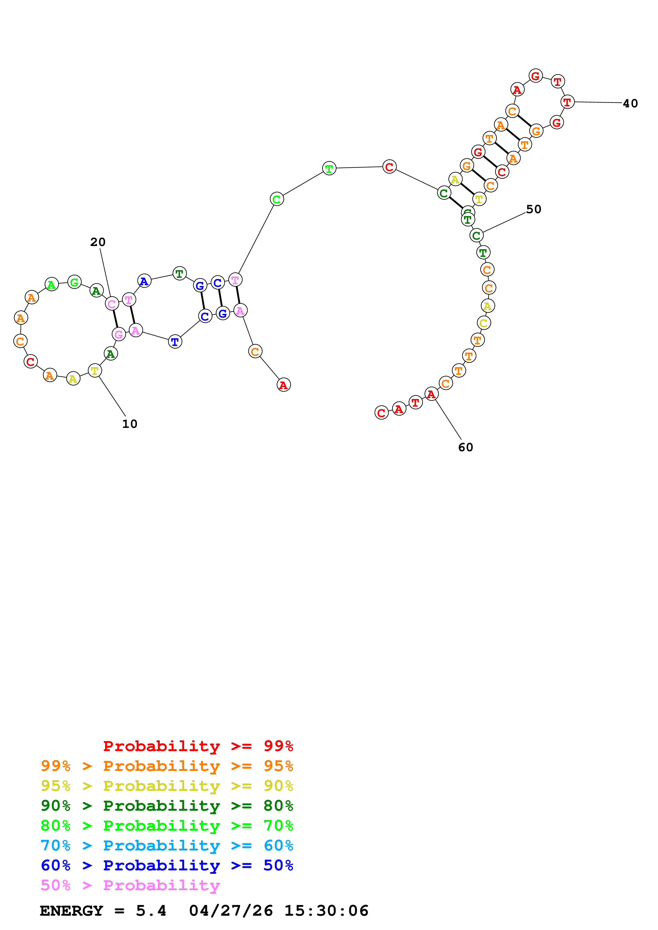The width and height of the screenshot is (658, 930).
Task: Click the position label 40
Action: point(630,104)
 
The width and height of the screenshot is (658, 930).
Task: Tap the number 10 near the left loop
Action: point(130,424)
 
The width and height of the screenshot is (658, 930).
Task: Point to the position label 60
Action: point(465,447)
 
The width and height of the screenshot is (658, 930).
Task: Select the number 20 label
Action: point(98,242)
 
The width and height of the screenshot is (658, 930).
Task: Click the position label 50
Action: point(534,209)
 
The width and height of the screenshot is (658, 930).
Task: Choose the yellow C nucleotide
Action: point(484,323)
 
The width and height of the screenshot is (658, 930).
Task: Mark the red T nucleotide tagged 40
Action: point(567,102)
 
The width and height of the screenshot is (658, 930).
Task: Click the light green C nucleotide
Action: point(277,199)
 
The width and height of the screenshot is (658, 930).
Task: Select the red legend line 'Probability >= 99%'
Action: point(198,746)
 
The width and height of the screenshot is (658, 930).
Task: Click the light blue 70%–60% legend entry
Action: point(167,845)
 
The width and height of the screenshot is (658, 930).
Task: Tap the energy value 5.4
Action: point(151,911)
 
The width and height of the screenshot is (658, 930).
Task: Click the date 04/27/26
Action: point(231,911)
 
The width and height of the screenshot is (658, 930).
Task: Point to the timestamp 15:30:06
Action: point(326,911)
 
